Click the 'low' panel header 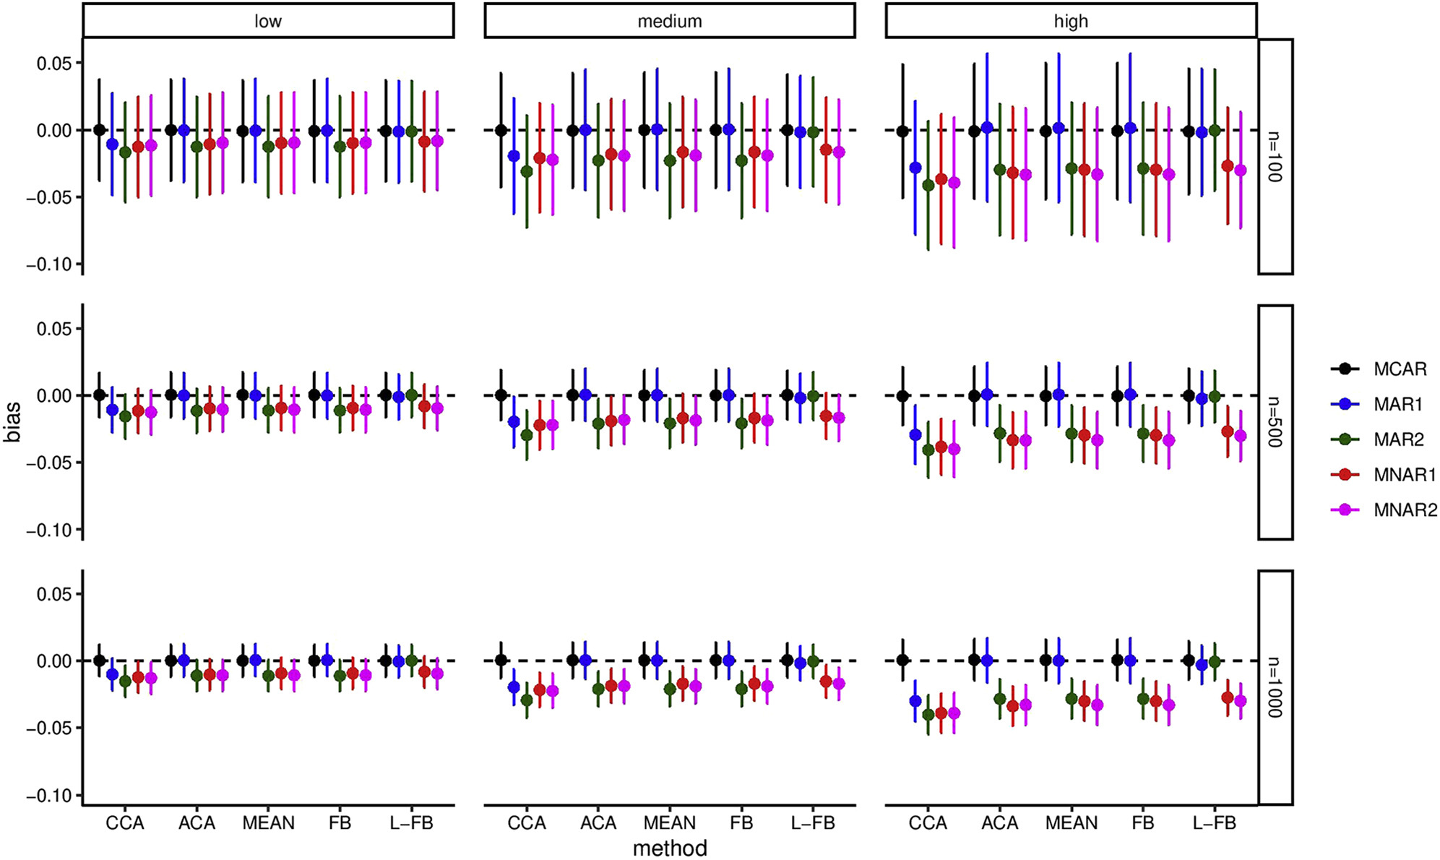pyautogui.click(x=268, y=21)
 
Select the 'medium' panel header pyautogui.click(x=669, y=21)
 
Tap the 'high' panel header pyautogui.click(x=1071, y=21)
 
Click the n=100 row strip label pyautogui.click(x=1275, y=157)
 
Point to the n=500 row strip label pyautogui.click(x=1275, y=422)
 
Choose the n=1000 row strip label pyautogui.click(x=1275, y=687)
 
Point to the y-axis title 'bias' pyautogui.click(x=13, y=422)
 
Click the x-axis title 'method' pyautogui.click(x=670, y=848)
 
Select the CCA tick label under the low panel pyautogui.click(x=125, y=823)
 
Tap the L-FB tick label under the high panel pyautogui.click(x=1215, y=823)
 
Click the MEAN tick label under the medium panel pyautogui.click(x=670, y=823)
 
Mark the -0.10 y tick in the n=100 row pyautogui.click(x=50, y=265)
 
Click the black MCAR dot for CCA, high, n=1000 pyautogui.click(x=902, y=660)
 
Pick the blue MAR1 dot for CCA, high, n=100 pyautogui.click(x=915, y=168)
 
